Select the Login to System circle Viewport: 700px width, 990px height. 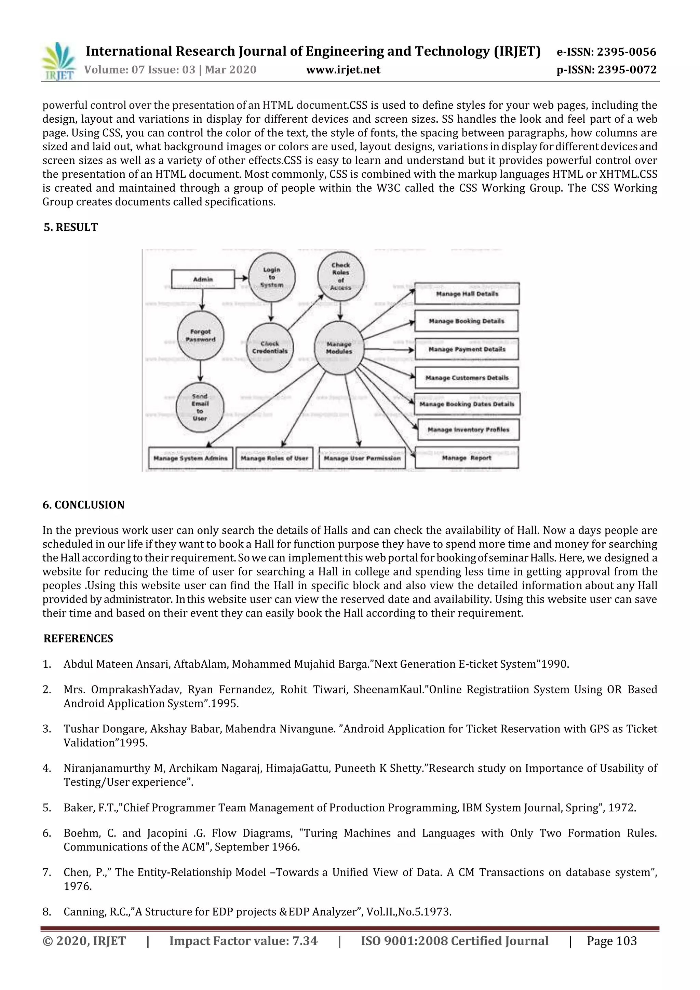point(272,277)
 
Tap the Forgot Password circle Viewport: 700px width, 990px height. point(201,336)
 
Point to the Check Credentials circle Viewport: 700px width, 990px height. point(270,348)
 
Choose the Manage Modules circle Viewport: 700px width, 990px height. point(339,348)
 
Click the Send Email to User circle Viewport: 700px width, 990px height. point(200,407)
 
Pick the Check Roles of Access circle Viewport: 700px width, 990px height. point(341,276)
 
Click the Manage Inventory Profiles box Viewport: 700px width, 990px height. point(468,430)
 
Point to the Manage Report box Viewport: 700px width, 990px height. point(467,458)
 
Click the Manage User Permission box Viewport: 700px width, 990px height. point(362,458)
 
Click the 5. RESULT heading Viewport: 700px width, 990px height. point(71,227)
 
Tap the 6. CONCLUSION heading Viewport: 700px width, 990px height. point(83,505)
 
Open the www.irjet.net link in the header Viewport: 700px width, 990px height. point(343,70)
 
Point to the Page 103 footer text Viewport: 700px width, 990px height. point(611,941)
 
